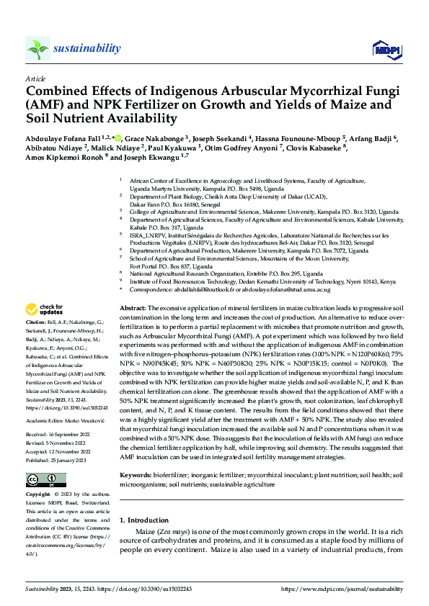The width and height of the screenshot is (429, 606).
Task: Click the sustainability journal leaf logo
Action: point(37,49)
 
